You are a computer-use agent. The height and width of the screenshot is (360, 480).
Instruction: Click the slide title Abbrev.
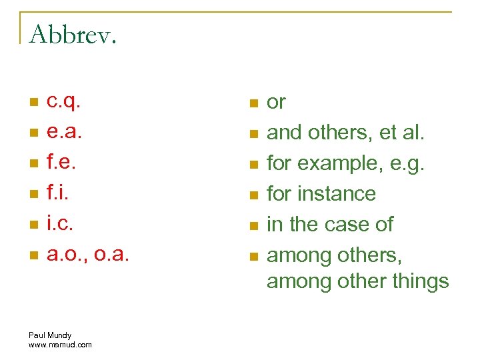pos(73,35)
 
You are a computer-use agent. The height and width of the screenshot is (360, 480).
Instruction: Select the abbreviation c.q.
pos(64,102)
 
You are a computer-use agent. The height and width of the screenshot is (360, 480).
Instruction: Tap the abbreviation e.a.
pos(65,133)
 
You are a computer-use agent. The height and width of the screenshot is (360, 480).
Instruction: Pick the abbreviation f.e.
pos(61,163)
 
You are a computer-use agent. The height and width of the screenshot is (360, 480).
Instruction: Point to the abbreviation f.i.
pos(58,193)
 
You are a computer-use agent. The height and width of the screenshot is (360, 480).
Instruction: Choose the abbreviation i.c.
pos(59,224)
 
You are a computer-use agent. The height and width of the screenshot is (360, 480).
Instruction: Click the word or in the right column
pos(276,102)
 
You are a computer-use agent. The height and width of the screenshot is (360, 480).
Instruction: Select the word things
pos(417,281)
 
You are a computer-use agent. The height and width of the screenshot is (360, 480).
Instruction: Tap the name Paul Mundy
pos(50,335)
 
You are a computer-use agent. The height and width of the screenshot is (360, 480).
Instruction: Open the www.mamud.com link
pos(60,344)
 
